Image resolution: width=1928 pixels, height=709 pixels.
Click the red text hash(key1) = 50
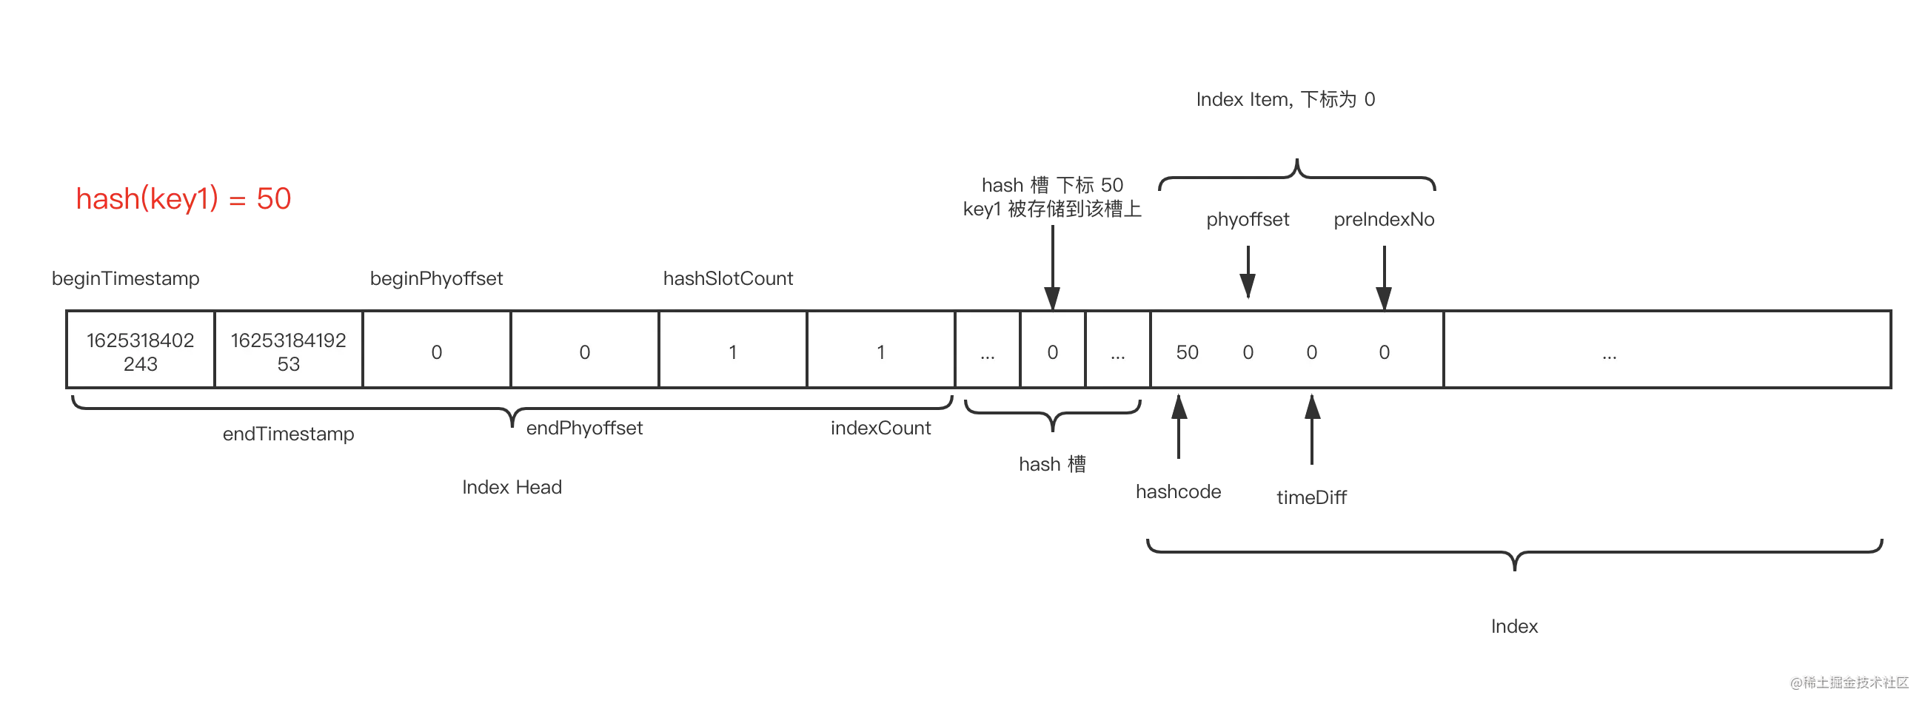pos(184,199)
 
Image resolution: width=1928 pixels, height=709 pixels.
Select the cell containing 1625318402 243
pos(141,350)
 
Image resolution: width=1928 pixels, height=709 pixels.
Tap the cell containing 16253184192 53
pos(288,350)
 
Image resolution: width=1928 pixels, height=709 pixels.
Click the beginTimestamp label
pos(126,278)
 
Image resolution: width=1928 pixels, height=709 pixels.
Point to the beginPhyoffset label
pos(436,278)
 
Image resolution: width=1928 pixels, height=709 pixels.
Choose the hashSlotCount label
pos(729,278)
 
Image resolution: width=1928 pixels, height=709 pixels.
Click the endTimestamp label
pos(288,434)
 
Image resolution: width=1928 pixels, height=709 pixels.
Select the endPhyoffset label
pos(584,428)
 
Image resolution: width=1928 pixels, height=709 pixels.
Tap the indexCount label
pos(881,428)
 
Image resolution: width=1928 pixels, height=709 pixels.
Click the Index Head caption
pos(512,487)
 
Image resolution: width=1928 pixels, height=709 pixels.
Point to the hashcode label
pos(1179,491)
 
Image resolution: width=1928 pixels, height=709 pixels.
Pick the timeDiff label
pos(1312,497)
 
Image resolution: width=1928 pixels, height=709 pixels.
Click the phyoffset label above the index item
pos(1248,219)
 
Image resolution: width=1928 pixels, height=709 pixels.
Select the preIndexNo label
pos(1384,219)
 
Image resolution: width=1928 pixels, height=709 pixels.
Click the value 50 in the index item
pos(1187,352)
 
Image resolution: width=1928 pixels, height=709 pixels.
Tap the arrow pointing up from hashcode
pos(1179,426)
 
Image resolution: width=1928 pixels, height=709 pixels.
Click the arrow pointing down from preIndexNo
pos(1384,278)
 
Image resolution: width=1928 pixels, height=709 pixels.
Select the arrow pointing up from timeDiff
pos(1312,429)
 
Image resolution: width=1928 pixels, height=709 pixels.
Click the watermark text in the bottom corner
pos(1850,682)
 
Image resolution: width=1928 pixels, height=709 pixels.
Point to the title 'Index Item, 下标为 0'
pos(1285,99)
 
